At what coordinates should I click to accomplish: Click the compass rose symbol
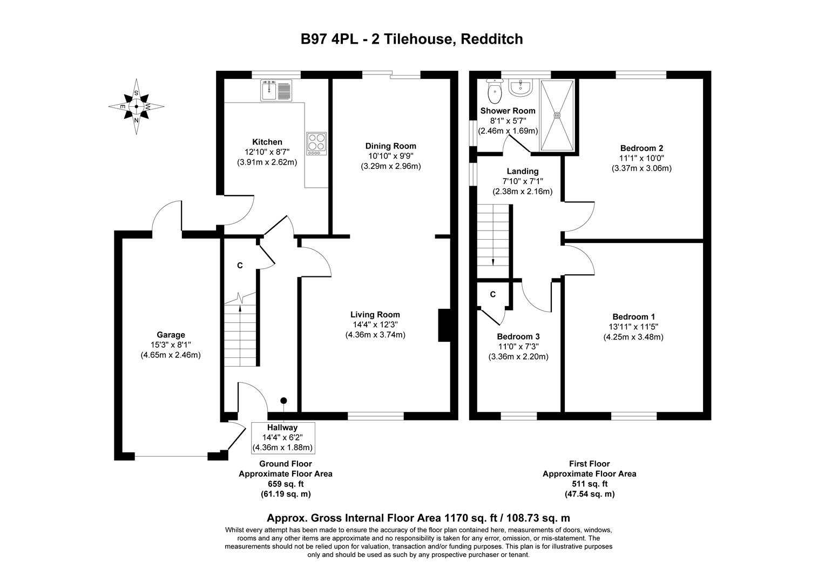136,107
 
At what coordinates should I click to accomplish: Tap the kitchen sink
276,90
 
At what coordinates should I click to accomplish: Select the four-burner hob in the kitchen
316,144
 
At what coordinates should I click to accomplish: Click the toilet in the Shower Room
494,92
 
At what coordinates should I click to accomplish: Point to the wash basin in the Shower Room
520,87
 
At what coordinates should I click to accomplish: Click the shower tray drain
558,114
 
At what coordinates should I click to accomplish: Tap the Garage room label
171,335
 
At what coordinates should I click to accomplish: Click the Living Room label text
375,315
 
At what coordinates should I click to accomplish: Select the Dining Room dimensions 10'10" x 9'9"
390,156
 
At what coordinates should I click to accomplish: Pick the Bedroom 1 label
633,317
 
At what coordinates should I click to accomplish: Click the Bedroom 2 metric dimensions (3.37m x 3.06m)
641,168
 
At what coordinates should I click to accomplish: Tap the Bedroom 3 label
518,336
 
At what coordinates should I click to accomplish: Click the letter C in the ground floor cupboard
240,266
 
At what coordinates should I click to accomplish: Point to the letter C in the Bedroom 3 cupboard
492,294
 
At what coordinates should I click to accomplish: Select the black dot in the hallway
283,401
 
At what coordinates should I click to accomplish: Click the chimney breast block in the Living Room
444,325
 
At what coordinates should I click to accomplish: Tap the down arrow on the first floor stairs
493,262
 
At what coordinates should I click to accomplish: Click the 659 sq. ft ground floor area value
286,484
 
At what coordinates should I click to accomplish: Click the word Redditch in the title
492,39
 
